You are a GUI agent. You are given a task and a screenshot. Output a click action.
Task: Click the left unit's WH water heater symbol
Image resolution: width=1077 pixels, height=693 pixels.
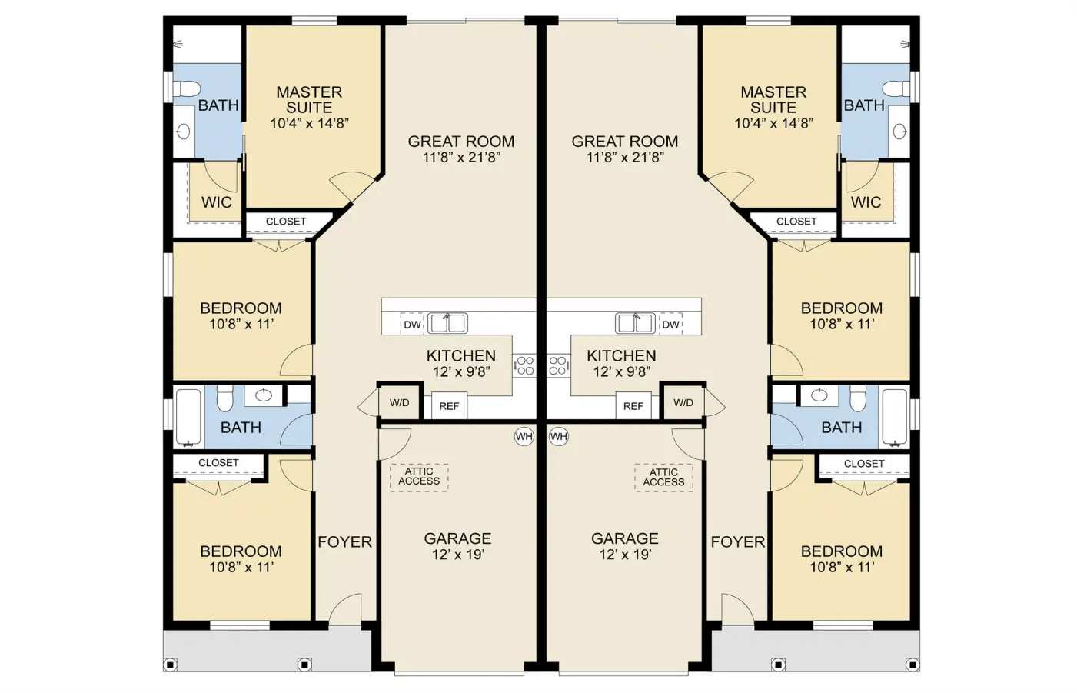[524, 437]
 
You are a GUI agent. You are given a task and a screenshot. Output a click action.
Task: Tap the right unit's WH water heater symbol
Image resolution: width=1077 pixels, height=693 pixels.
[559, 437]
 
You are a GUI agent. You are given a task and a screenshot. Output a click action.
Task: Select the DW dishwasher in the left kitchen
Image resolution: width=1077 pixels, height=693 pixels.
[412, 324]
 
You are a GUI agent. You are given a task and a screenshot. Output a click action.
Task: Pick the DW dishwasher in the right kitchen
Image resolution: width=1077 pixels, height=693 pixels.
[670, 324]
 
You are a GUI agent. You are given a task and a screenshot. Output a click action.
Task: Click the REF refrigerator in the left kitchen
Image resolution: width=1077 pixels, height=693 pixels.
[449, 406]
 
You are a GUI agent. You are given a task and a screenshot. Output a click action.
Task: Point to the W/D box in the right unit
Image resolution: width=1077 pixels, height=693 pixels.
[683, 402]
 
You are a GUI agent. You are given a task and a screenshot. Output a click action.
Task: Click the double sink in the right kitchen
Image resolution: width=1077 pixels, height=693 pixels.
[635, 323]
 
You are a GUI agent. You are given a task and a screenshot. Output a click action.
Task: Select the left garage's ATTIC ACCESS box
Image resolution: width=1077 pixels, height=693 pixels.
[419, 477]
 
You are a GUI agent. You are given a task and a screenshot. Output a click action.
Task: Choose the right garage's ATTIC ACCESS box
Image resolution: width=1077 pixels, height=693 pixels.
[663, 477]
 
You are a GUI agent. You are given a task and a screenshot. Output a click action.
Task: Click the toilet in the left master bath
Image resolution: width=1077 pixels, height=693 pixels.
[187, 89]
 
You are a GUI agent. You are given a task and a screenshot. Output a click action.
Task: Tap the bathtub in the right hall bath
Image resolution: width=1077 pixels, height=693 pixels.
[895, 418]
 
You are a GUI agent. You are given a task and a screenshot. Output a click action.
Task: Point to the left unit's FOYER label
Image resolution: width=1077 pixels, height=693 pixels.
[344, 542]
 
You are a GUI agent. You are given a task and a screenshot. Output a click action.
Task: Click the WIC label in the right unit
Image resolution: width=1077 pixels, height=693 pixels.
[866, 202]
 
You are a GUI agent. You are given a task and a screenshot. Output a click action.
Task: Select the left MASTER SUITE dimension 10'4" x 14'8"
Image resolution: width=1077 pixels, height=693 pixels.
[309, 124]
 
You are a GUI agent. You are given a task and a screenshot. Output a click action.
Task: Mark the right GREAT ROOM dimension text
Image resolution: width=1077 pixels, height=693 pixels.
[625, 157]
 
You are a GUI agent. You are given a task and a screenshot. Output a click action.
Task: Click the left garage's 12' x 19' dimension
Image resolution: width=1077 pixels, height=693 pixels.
[457, 555]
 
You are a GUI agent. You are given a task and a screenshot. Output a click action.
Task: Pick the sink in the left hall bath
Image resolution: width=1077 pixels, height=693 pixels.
[263, 395]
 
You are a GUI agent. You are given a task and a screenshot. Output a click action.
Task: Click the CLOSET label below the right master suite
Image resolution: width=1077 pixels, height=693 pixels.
[796, 222]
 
